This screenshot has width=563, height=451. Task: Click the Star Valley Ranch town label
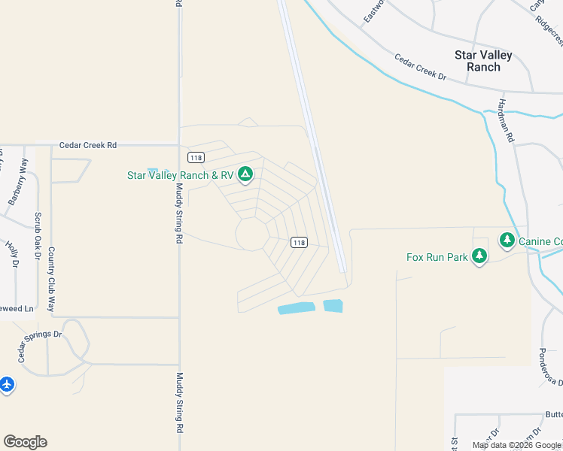click(x=483, y=61)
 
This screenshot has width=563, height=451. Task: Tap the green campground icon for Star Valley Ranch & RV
click(x=245, y=175)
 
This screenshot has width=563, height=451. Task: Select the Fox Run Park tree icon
click(x=479, y=256)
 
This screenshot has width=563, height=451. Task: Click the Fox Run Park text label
click(x=437, y=257)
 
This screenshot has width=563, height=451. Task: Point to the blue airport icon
click(x=7, y=384)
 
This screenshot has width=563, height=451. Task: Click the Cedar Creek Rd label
click(x=88, y=145)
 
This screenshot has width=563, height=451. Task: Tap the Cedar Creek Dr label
click(x=421, y=67)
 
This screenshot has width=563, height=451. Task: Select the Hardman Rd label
click(x=504, y=120)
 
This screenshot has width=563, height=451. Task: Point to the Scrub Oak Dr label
click(x=37, y=235)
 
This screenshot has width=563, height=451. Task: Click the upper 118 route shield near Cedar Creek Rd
click(x=196, y=157)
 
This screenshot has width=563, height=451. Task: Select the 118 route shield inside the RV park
click(x=299, y=242)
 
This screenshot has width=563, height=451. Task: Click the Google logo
click(x=25, y=442)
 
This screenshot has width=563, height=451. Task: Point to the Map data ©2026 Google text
click(x=516, y=445)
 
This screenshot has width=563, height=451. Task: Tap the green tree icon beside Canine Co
click(x=507, y=241)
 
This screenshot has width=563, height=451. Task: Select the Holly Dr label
click(x=12, y=254)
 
